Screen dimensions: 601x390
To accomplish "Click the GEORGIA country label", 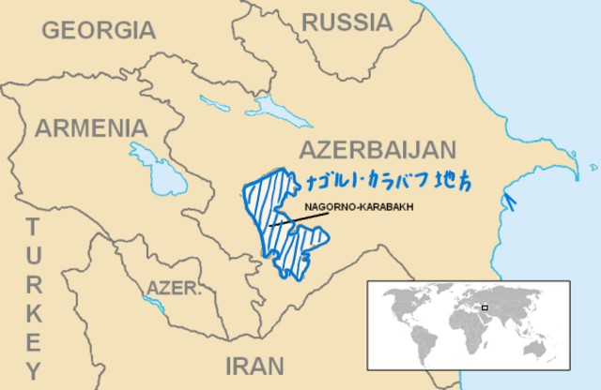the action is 98,30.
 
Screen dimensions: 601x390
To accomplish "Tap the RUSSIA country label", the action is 347,21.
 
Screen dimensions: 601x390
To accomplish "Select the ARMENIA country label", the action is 91,127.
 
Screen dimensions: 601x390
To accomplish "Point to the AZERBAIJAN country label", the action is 377,149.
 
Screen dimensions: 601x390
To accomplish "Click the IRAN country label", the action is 254,365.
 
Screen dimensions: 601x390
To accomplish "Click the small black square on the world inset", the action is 485,307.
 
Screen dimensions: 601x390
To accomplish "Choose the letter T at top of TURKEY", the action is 33,227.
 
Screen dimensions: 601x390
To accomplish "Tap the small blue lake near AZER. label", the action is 151,302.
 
